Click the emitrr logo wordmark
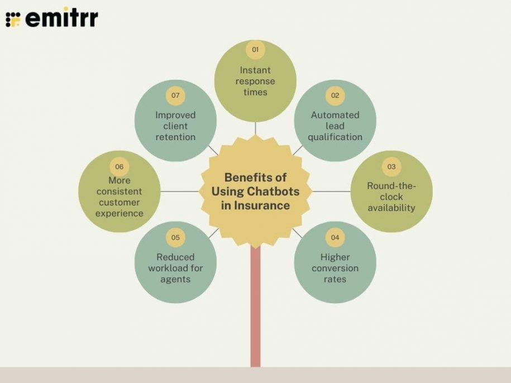point(61,18)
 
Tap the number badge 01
point(255,50)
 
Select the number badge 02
point(335,95)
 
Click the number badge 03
point(391,167)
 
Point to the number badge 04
point(335,237)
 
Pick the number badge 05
point(175,237)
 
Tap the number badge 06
point(120,167)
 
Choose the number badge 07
point(175,95)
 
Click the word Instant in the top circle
point(255,70)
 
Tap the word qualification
point(335,137)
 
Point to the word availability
point(391,208)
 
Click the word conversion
point(335,268)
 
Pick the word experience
point(120,214)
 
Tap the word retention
point(175,137)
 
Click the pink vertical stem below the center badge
point(256,307)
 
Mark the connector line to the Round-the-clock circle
point(331,191)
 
